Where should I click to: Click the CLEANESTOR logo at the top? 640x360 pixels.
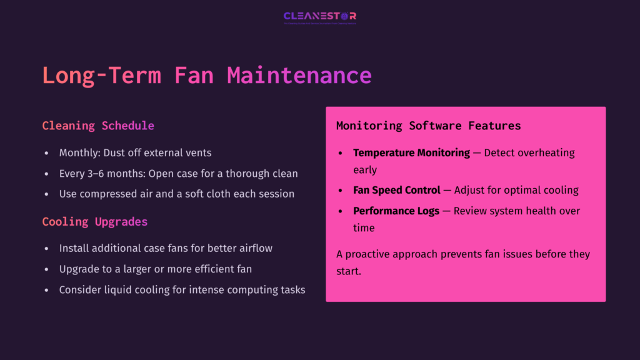[x=319, y=16]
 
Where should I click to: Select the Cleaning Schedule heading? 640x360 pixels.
[x=98, y=126]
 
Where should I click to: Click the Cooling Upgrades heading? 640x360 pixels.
[x=95, y=222]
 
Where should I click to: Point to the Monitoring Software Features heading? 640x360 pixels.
[x=428, y=126]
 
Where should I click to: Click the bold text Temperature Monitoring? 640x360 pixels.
[x=411, y=152]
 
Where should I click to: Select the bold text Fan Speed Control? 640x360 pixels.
[x=397, y=190]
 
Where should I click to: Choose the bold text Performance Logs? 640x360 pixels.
[x=396, y=211]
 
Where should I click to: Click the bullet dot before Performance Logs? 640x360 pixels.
[x=341, y=211]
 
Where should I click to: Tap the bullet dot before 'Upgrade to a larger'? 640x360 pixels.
[x=47, y=269]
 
